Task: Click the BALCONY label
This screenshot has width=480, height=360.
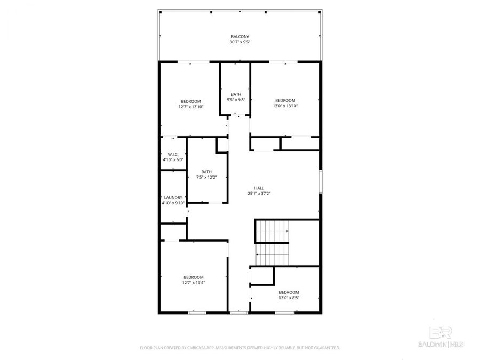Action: tap(239, 36)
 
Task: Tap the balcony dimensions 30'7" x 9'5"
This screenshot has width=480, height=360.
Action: tap(239, 42)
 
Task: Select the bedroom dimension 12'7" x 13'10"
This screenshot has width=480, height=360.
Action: tap(190, 107)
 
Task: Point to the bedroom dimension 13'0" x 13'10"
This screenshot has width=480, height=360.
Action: tap(285, 106)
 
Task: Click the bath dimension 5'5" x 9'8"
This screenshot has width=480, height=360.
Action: tap(236, 100)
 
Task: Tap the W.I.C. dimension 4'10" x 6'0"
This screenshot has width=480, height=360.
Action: tap(173, 159)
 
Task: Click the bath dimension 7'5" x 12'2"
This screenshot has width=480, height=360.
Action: tap(206, 177)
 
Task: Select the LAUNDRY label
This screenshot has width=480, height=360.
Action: tap(173, 197)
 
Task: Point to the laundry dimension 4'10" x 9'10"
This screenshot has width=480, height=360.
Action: tap(173, 203)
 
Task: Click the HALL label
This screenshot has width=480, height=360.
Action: tap(259, 188)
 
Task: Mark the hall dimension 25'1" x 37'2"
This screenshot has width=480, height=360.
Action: tap(259, 193)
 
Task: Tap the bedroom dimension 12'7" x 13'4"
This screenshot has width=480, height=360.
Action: tap(193, 283)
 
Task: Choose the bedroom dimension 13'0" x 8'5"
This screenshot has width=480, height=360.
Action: tap(289, 298)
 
